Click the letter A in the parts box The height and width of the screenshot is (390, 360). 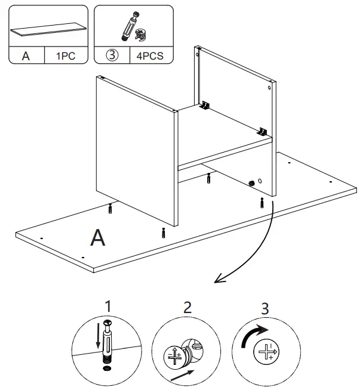(x=26, y=56)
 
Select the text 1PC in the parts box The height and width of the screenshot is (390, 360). (x=66, y=56)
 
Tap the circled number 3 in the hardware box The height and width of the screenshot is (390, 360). (x=112, y=56)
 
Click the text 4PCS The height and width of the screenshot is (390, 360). (x=151, y=56)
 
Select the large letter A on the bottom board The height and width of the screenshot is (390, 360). (x=97, y=238)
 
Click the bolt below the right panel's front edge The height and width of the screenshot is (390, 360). (x=263, y=202)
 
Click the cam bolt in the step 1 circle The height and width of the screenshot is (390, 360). (x=108, y=342)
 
